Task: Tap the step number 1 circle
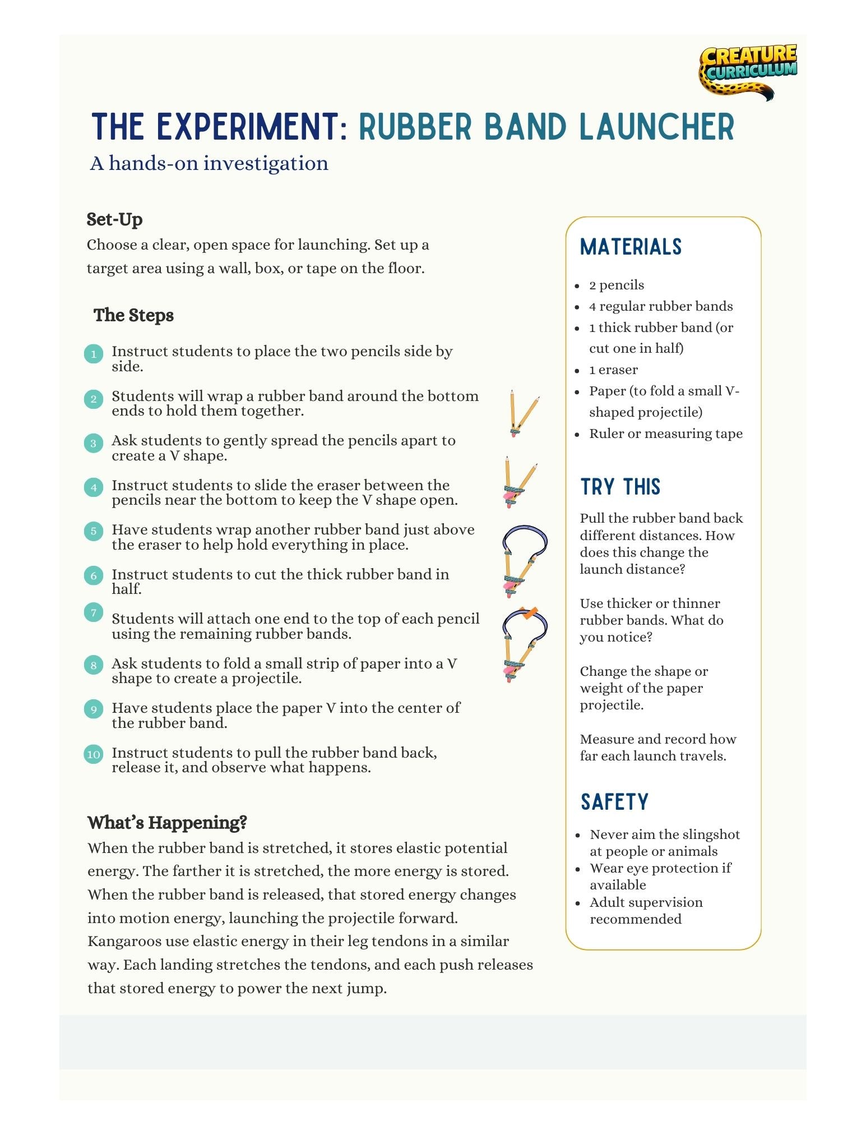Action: click(x=94, y=354)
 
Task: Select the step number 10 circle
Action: click(x=94, y=754)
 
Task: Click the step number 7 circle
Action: click(x=94, y=612)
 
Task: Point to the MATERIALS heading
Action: click(x=631, y=247)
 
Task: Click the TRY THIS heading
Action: click(x=620, y=487)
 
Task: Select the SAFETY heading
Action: click(x=614, y=802)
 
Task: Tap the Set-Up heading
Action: click(x=114, y=219)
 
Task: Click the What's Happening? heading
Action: click(x=167, y=823)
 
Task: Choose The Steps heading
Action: click(x=133, y=315)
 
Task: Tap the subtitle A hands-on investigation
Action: click(x=209, y=163)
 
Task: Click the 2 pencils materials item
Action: click(x=617, y=285)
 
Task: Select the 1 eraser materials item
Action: click(x=613, y=370)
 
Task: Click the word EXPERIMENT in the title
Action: click(x=248, y=127)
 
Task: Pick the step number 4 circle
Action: click(x=94, y=487)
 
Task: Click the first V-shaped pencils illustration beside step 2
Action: click(x=521, y=414)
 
